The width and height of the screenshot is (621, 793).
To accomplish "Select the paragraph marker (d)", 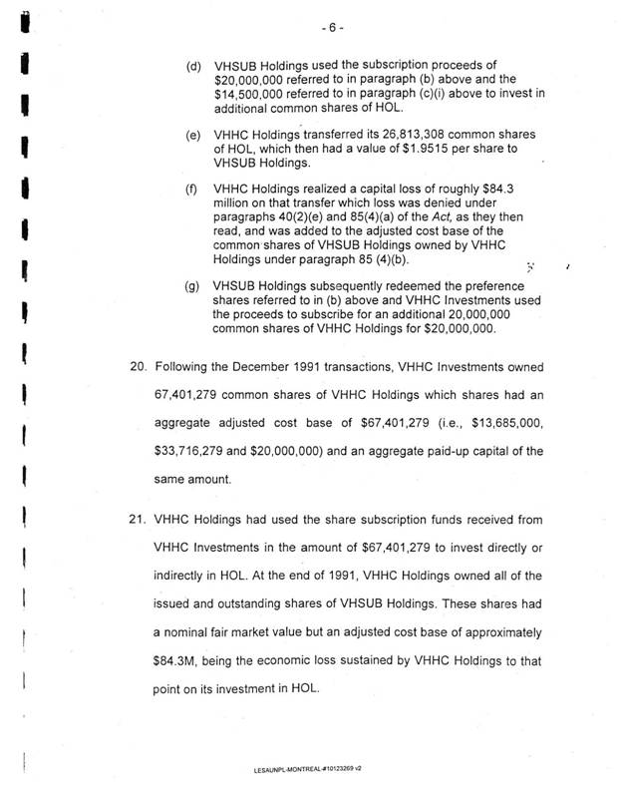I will (x=193, y=67).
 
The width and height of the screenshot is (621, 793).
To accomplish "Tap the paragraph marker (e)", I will (x=193, y=134).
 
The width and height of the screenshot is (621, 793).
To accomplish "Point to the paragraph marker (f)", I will (x=192, y=187).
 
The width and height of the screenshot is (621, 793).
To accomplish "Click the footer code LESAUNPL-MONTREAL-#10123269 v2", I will (x=309, y=769).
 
